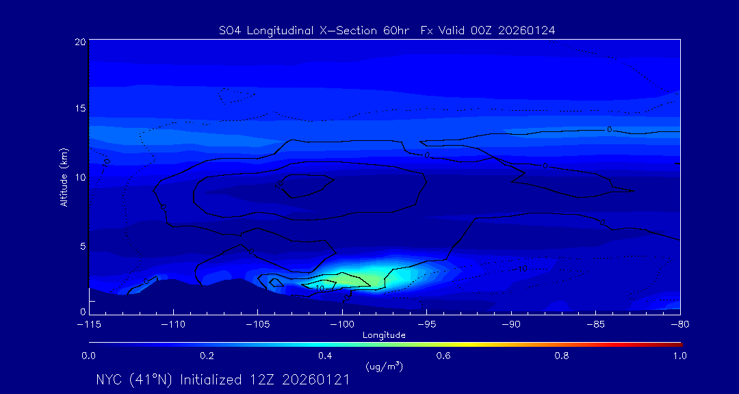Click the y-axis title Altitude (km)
coord(64,177)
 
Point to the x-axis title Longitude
coord(384,335)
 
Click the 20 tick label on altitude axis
coord(80,42)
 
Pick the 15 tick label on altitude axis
coord(80,109)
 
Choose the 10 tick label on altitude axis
coord(80,177)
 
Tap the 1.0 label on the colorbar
coord(680,356)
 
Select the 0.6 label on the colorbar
coord(443,356)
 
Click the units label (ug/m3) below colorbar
coord(385,367)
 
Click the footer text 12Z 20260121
coord(300,380)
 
